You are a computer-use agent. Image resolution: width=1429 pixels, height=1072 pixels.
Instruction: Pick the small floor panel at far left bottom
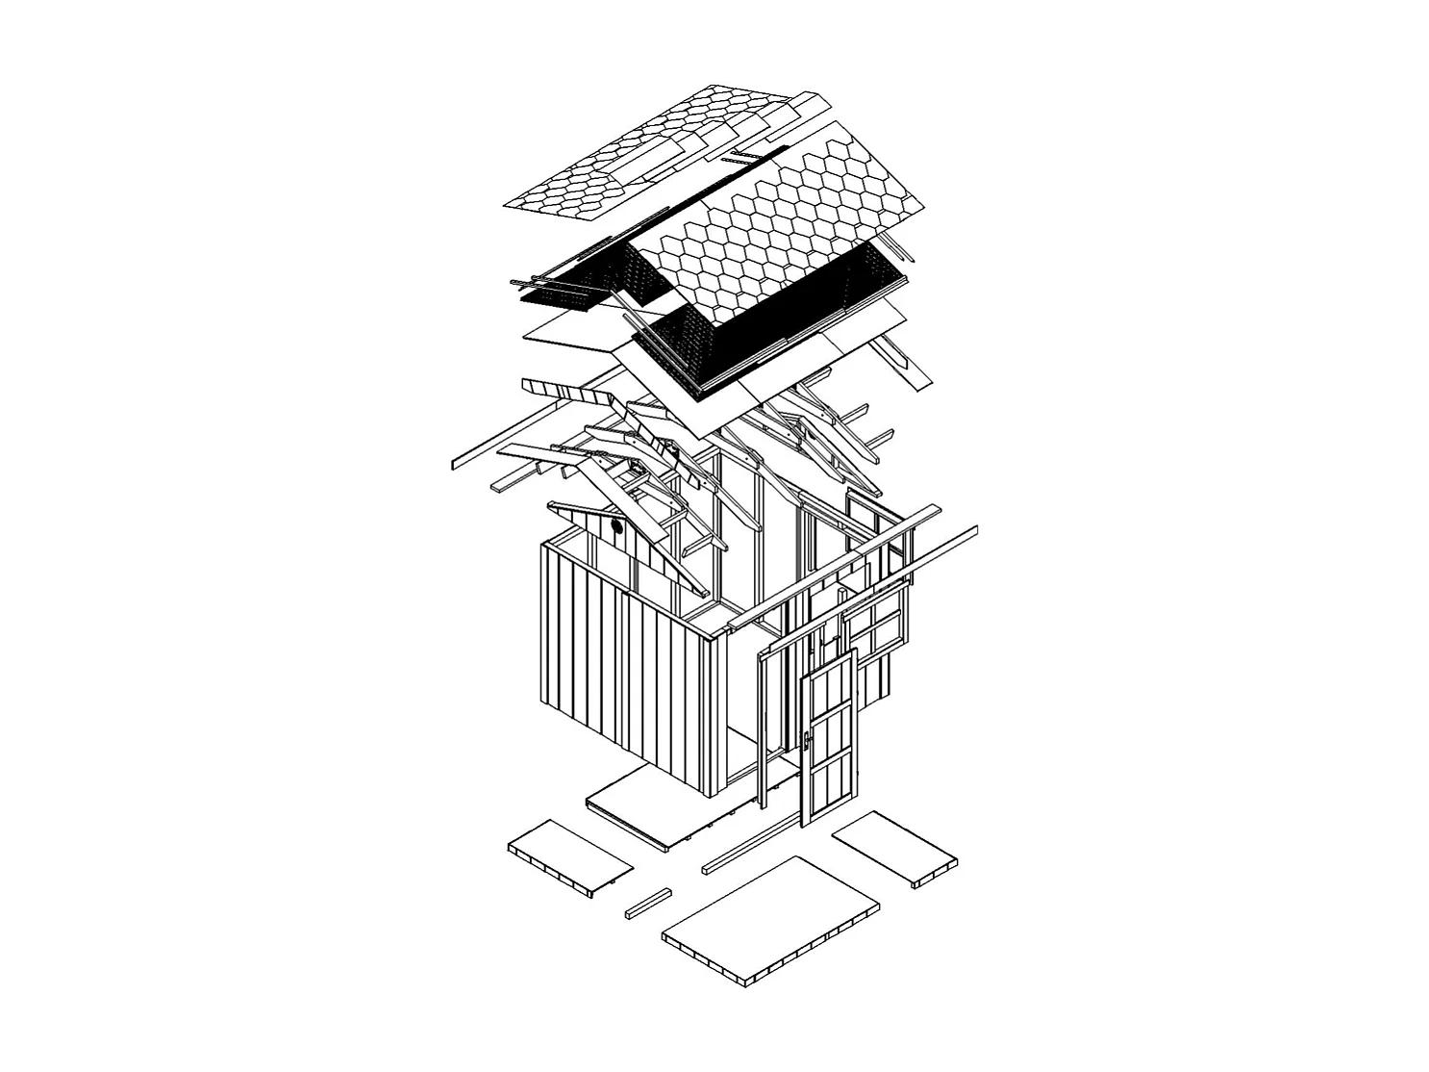coord(569,855)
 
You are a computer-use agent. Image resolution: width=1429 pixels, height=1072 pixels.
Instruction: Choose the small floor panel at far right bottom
coord(895,847)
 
